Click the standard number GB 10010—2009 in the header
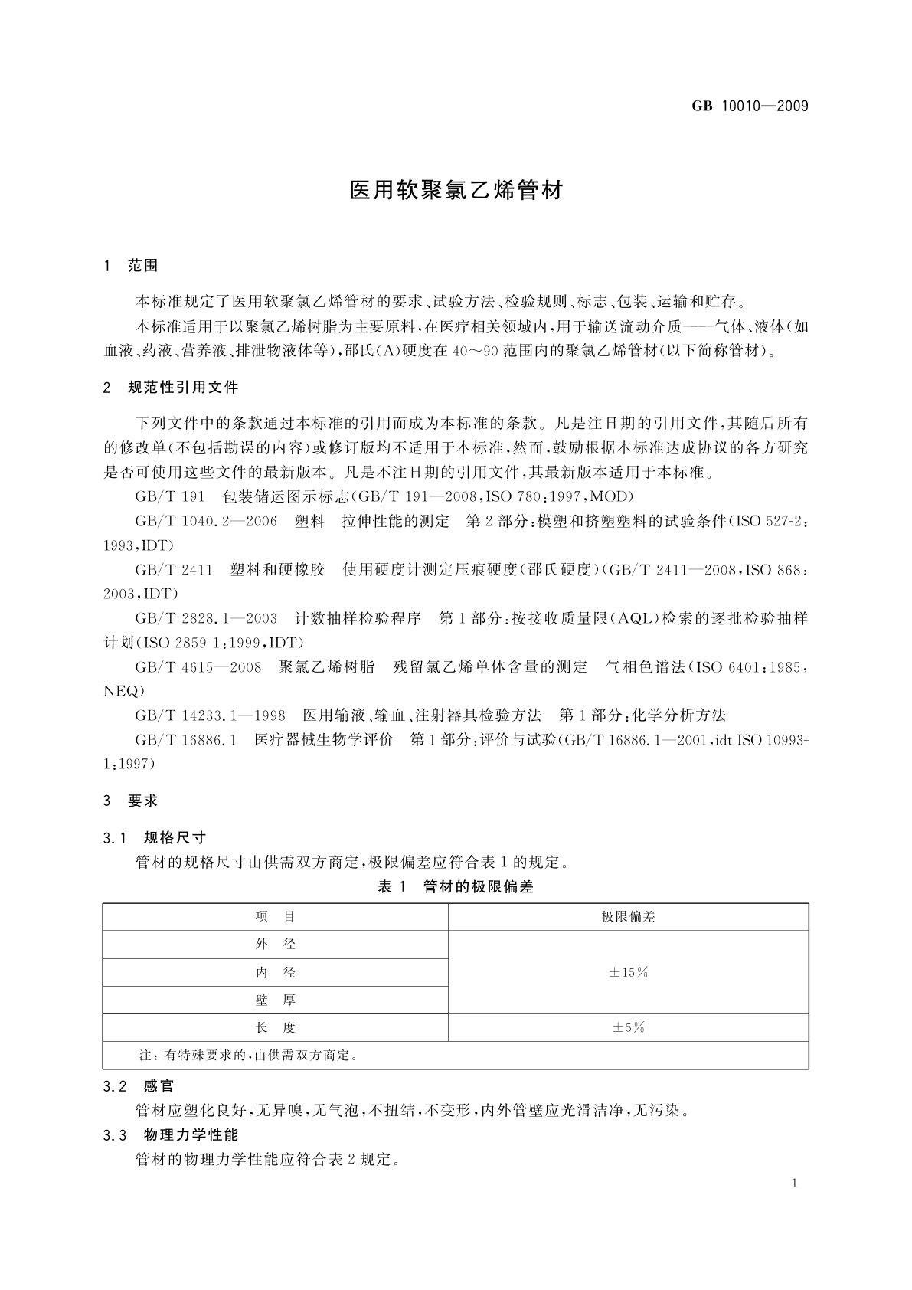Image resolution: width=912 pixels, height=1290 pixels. pyautogui.click(x=750, y=106)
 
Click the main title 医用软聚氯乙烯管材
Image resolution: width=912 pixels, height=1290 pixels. pyautogui.click(x=456, y=191)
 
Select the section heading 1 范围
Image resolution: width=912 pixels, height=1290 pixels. pyautogui.click(x=131, y=266)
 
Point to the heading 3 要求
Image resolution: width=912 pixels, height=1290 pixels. pyautogui.click(x=131, y=801)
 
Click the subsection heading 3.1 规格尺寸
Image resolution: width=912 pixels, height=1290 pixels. pyautogui.click(x=155, y=837)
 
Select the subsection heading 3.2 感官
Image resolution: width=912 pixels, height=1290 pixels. pyautogui.click(x=139, y=1086)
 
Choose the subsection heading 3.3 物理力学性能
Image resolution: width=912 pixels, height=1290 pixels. pyautogui.click(x=171, y=1134)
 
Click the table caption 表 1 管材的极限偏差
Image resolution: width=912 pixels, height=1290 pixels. pyautogui.click(x=456, y=887)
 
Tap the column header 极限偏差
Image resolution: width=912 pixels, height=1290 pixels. pyautogui.click(x=628, y=917)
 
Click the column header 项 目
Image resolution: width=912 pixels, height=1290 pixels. pyautogui.click(x=275, y=917)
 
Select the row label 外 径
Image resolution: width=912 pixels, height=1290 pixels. pyautogui.click(x=275, y=945)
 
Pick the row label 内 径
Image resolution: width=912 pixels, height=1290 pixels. pyautogui.click(x=275, y=973)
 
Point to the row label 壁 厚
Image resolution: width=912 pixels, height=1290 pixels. pyautogui.click(x=275, y=1000)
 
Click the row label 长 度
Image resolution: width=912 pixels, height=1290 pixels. pyautogui.click(x=275, y=1028)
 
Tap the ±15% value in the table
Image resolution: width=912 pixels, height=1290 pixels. pyautogui.click(x=628, y=973)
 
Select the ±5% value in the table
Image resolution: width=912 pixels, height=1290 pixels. pyautogui.click(x=628, y=1028)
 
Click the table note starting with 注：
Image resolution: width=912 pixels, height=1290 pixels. pyautogui.click(x=249, y=1056)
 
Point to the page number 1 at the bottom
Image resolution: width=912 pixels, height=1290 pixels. pyautogui.click(x=795, y=1184)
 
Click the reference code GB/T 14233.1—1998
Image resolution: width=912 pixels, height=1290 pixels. pyautogui.click(x=210, y=715)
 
